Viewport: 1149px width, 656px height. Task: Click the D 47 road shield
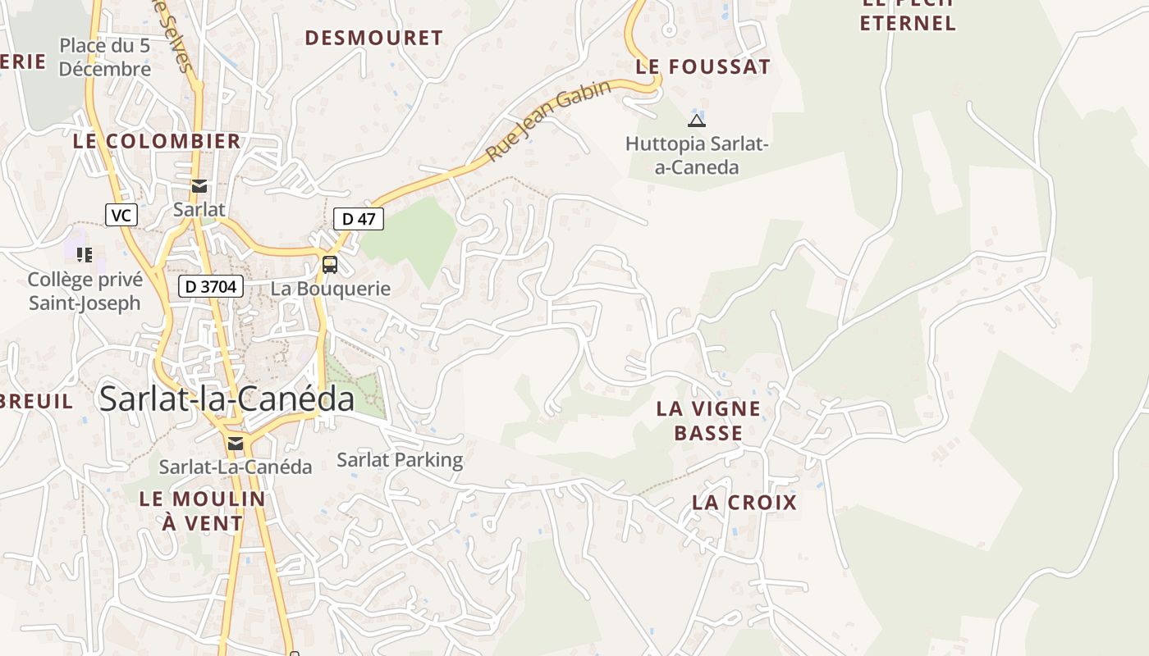pyautogui.click(x=359, y=219)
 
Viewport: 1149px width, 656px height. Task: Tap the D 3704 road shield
pyautogui.click(x=211, y=286)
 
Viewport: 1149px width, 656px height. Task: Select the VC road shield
pyautogui.click(x=121, y=216)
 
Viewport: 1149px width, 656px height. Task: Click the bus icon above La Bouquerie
pyautogui.click(x=330, y=265)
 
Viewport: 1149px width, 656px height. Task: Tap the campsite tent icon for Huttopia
pyautogui.click(x=697, y=121)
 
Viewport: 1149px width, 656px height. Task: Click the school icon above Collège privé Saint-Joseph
pyautogui.click(x=85, y=255)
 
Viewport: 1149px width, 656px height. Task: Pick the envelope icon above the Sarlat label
pyautogui.click(x=199, y=186)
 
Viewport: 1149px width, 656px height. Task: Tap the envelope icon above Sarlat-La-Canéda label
pyautogui.click(x=236, y=444)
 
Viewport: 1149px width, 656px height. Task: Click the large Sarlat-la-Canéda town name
pyautogui.click(x=227, y=399)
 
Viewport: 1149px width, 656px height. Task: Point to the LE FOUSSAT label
pyautogui.click(x=703, y=67)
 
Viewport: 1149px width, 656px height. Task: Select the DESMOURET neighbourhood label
pyautogui.click(x=373, y=38)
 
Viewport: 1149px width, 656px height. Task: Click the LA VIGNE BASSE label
pyautogui.click(x=708, y=421)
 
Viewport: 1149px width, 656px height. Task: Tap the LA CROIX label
pyautogui.click(x=744, y=503)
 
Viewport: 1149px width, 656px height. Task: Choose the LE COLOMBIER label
pyautogui.click(x=157, y=141)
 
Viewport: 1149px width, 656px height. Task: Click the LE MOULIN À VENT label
pyautogui.click(x=202, y=511)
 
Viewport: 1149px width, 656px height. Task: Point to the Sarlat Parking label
pyautogui.click(x=400, y=460)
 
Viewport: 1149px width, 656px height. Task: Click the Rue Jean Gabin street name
pyautogui.click(x=548, y=121)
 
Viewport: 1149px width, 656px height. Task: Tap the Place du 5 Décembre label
pyautogui.click(x=105, y=57)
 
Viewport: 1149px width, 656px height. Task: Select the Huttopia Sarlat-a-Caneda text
pyautogui.click(x=696, y=156)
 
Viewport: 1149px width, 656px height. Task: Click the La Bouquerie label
pyautogui.click(x=331, y=289)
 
